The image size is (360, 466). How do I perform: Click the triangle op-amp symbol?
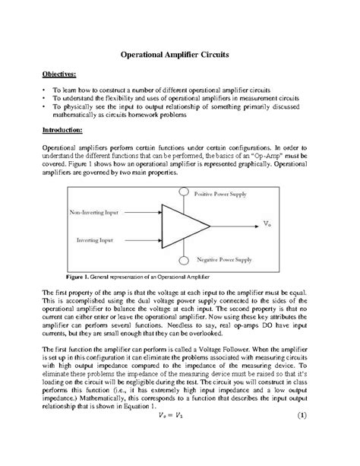pyautogui.click(x=182, y=225)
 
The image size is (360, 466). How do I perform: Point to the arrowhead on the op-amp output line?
pyautogui.click(x=255, y=225)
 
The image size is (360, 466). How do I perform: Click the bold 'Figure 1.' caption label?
pyautogui.click(x=77, y=276)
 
